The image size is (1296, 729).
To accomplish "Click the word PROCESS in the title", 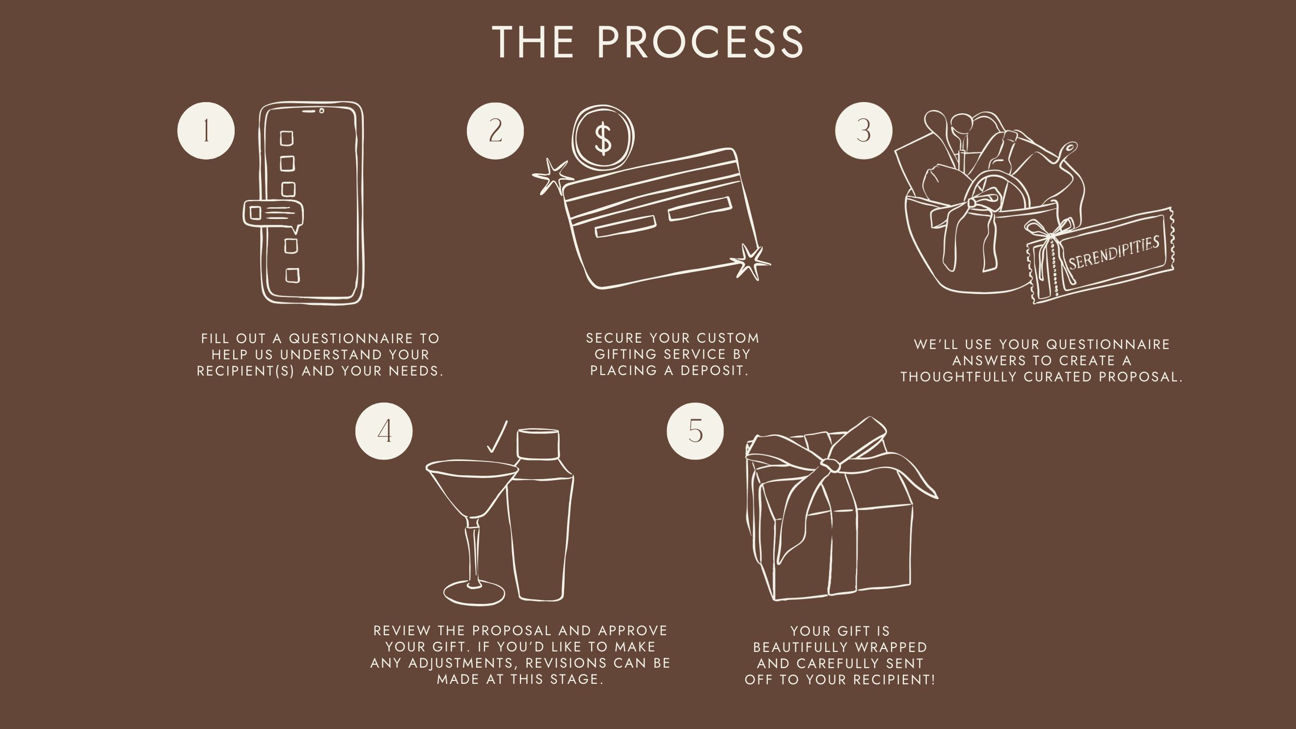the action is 701,42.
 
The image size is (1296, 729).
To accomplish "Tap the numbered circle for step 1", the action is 206,131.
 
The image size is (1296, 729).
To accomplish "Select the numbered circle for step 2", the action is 495,131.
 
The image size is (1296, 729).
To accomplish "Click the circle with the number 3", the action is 864,131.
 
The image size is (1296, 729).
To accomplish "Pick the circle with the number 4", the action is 384,431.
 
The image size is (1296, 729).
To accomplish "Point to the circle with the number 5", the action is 695,431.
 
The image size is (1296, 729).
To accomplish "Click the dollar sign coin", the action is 603,137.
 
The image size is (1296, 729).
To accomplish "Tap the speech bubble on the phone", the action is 273,215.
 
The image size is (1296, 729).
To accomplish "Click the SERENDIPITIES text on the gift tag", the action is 1114,252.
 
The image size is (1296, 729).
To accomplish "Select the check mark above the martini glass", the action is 497,437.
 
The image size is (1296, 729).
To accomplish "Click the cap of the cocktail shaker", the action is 539,443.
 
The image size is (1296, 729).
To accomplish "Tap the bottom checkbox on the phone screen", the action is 292,276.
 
